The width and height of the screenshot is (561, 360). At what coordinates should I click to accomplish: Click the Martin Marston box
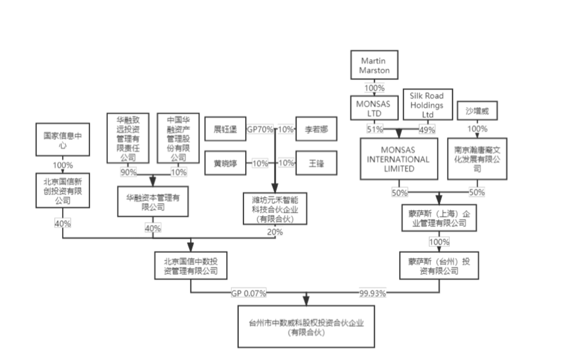pyautogui.click(x=374, y=65)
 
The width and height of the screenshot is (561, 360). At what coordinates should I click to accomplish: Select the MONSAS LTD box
pyautogui.click(x=374, y=108)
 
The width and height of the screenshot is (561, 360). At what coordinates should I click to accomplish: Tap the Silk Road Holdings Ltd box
pyautogui.click(x=427, y=105)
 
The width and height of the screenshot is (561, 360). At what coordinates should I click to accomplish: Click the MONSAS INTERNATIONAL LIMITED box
pyautogui.click(x=399, y=159)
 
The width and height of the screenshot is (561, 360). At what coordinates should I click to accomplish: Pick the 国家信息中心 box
pyautogui.click(x=63, y=140)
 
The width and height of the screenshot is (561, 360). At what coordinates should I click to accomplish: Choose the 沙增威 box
pyautogui.click(x=477, y=111)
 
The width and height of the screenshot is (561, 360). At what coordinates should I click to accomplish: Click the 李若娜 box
pyautogui.click(x=316, y=129)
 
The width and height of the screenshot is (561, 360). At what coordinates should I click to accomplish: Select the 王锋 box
pyautogui.click(x=316, y=163)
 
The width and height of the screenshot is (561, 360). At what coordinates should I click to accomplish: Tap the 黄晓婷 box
pyautogui.click(x=225, y=163)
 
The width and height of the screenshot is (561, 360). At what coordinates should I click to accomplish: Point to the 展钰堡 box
pyautogui.click(x=225, y=129)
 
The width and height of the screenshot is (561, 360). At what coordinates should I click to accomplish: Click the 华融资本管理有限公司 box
pyautogui.click(x=153, y=202)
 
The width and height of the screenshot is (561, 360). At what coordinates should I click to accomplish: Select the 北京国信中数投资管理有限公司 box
pyautogui.click(x=191, y=266)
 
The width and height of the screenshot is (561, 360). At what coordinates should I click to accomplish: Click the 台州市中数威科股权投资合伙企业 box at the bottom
pyautogui.click(x=306, y=327)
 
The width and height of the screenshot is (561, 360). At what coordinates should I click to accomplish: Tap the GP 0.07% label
pyautogui.click(x=249, y=293)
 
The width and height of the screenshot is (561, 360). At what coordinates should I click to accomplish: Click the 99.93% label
pyautogui.click(x=372, y=293)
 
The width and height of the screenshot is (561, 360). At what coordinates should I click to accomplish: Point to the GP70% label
pyautogui.click(x=260, y=129)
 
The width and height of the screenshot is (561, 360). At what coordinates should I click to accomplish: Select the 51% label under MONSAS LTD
pyautogui.click(x=375, y=129)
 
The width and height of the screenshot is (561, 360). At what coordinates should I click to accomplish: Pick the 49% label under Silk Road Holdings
pyautogui.click(x=427, y=130)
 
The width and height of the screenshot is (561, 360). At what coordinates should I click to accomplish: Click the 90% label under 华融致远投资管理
pyautogui.click(x=128, y=172)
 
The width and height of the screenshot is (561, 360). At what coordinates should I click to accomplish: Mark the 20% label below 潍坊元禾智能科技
pyautogui.click(x=275, y=232)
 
